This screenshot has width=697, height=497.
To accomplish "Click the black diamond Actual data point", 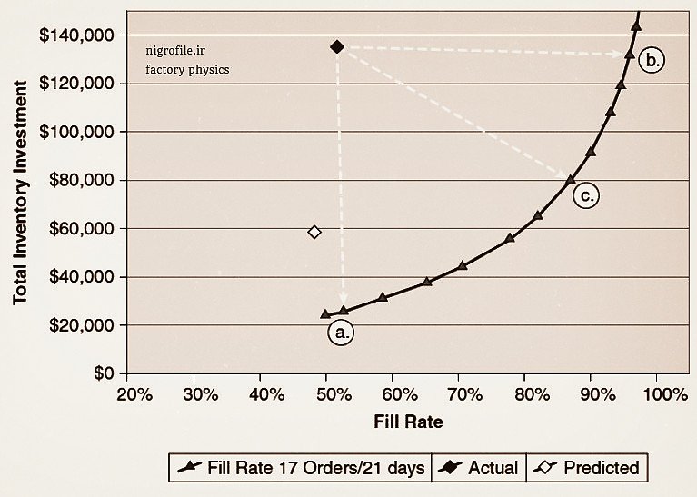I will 337,46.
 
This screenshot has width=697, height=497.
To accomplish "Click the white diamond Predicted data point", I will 314,233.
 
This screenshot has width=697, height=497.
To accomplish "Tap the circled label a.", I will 341,333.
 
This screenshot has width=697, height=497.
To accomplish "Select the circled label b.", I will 652,61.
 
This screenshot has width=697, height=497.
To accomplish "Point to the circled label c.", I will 586,194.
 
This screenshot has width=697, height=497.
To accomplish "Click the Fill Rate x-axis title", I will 408,422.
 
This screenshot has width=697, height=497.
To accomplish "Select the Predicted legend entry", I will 588,469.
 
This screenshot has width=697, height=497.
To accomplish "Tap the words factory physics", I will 187,69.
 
